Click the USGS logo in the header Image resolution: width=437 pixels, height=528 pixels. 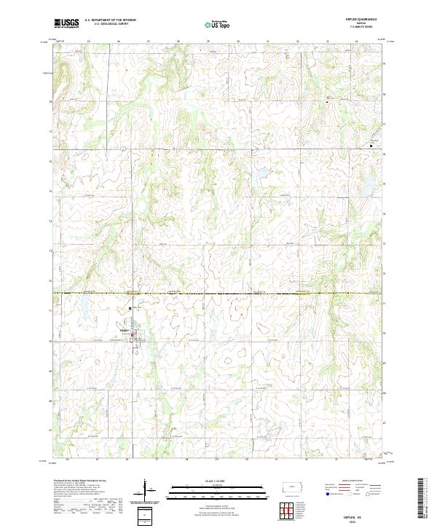tap(66, 23)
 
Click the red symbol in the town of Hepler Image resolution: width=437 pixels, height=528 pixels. tap(132, 335)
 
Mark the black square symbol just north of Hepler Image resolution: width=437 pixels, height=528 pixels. tap(130, 308)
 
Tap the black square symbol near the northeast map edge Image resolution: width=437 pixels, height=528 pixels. tap(371, 146)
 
